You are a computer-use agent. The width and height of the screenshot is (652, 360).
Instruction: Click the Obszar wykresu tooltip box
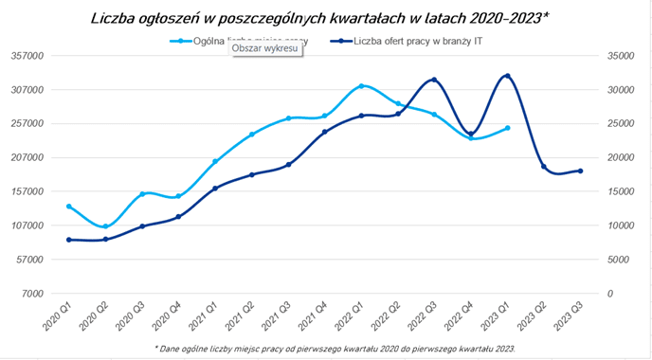(266, 48)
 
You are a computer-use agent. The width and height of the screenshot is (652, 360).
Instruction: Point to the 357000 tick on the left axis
(30, 56)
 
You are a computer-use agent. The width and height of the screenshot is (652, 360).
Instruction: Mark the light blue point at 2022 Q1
(361, 86)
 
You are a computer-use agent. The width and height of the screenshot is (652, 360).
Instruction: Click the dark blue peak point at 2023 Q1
(508, 76)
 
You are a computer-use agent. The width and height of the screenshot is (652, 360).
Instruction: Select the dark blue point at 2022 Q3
(434, 81)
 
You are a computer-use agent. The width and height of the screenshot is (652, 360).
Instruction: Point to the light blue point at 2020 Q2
(105, 226)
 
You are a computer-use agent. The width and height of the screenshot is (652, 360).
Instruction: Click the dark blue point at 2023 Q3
(581, 171)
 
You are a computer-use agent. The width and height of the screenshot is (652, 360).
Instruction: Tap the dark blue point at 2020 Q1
(68, 240)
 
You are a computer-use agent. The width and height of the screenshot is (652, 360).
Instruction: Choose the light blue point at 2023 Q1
(508, 128)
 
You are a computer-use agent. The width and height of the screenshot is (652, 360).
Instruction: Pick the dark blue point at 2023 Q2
(544, 167)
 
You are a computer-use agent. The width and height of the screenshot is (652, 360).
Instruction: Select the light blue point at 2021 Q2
(252, 135)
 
